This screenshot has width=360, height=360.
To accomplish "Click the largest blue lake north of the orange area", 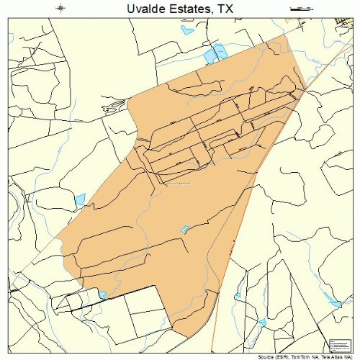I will tap(214, 53).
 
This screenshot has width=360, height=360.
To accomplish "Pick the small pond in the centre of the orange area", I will tap(185, 230).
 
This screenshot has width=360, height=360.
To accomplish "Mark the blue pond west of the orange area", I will tap(80, 199).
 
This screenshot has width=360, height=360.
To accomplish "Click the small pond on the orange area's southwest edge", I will tap(102, 294).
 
